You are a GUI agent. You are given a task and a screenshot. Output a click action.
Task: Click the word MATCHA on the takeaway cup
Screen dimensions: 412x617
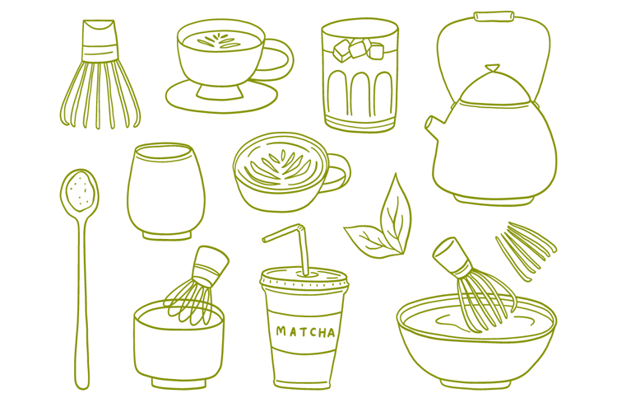click(305, 332)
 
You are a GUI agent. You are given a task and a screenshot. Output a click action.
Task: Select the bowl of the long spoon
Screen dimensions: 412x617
click(79, 191)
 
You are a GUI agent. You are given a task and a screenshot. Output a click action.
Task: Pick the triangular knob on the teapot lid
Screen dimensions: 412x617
click(491, 69)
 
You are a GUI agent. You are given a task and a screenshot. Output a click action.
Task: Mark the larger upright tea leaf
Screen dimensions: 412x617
click(394, 216)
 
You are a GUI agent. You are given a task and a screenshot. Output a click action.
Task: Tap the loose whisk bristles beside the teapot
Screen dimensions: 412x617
click(525, 246)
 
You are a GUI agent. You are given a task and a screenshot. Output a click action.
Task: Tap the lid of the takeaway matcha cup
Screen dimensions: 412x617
click(303, 279)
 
